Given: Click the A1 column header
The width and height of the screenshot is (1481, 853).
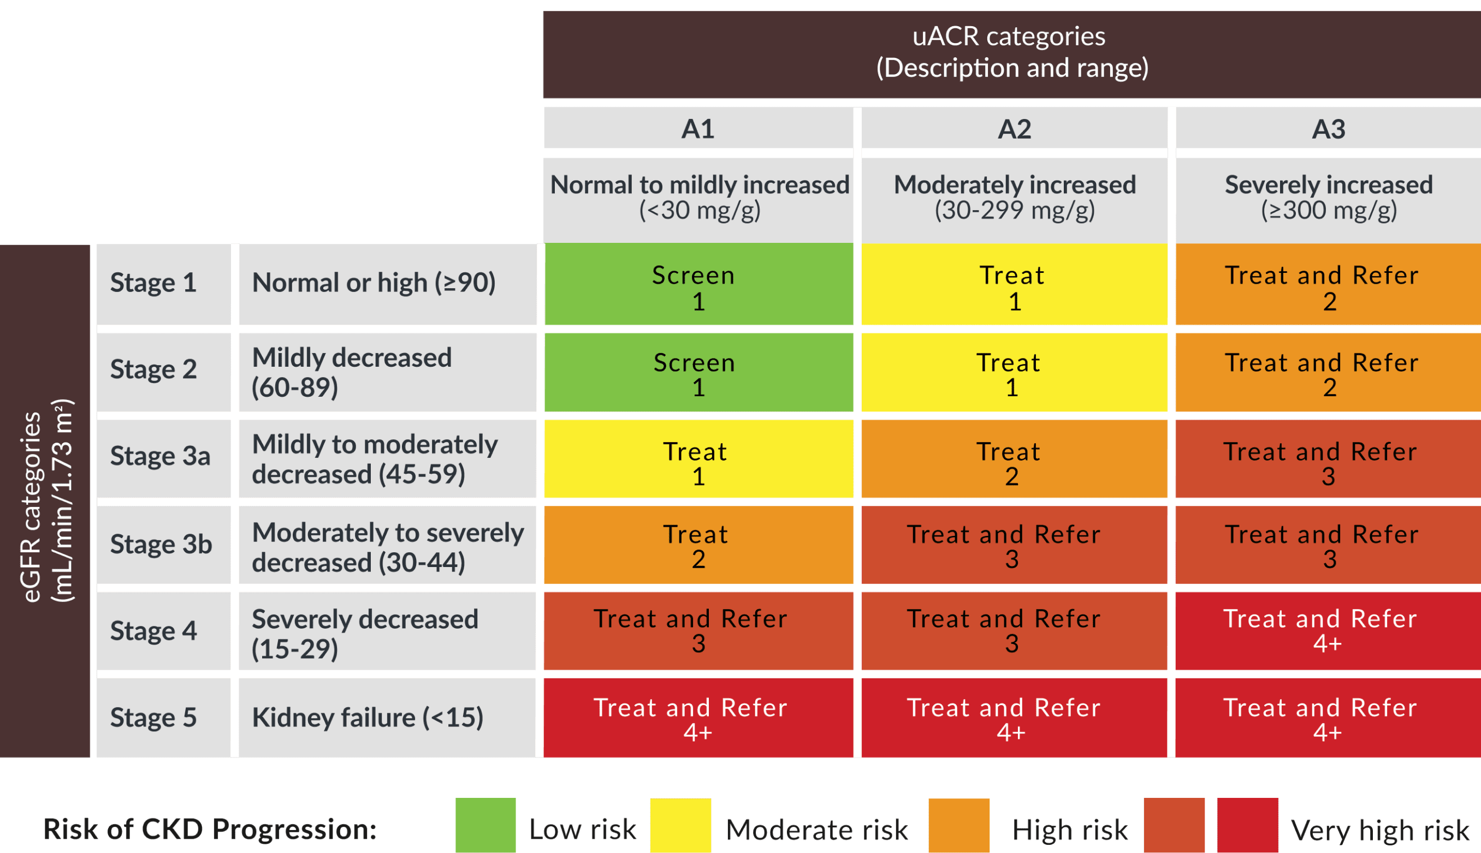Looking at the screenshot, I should (698, 128).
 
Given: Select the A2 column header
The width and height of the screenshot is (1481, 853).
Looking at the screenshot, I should (1014, 128).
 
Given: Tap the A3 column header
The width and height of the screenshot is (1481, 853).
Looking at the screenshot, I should (1328, 128).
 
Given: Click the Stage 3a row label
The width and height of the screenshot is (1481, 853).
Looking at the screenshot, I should (160, 456).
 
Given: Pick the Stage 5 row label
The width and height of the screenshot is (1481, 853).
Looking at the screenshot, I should (153, 718).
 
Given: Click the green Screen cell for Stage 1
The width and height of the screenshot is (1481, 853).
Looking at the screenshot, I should (698, 285).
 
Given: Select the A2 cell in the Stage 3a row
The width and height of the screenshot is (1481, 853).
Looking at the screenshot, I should (1014, 460).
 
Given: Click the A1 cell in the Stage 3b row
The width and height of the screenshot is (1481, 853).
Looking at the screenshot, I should (698, 545).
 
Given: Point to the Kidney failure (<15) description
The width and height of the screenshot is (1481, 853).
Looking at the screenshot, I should (368, 718).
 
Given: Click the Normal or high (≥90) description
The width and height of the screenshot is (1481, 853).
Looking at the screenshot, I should (374, 283).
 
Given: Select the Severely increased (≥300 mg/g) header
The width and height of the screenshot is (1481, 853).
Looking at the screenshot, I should (1328, 198).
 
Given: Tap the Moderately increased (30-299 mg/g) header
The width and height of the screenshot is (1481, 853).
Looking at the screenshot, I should (1014, 198).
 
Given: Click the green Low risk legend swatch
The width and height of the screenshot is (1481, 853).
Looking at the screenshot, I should (485, 825).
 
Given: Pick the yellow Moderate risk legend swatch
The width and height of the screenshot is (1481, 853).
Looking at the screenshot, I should (680, 825).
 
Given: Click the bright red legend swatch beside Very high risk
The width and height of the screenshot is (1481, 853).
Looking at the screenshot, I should (1247, 825).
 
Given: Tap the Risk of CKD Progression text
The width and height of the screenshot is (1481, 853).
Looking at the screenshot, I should (210, 829).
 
